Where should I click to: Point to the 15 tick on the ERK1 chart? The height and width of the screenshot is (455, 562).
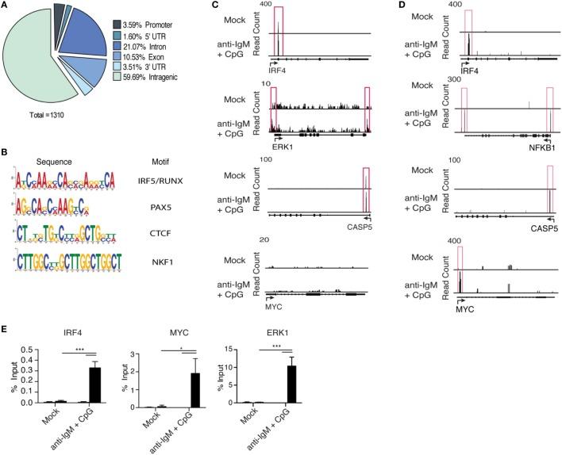click(220, 349)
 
